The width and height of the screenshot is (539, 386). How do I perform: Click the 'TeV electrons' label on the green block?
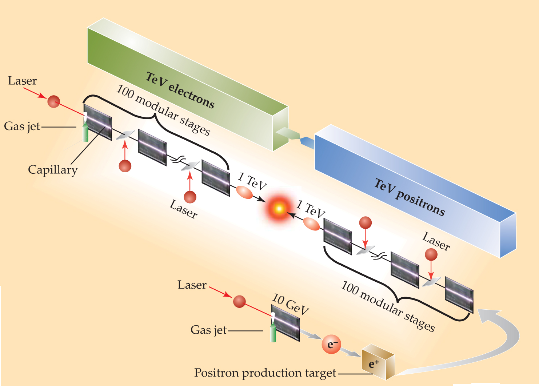coord(180,90)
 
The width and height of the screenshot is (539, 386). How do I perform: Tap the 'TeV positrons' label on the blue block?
coord(410,197)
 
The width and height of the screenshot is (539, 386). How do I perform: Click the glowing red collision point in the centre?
coord(279,209)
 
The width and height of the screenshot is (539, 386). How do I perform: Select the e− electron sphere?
coord(331,344)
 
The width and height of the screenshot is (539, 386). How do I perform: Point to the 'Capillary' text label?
coord(53,170)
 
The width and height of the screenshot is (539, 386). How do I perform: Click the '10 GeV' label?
coord(291,304)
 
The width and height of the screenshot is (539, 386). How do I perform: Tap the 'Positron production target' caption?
coord(265,373)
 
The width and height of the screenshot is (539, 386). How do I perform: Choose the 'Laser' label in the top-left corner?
coord(22,81)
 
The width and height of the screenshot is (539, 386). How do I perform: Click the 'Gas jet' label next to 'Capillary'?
coord(22,126)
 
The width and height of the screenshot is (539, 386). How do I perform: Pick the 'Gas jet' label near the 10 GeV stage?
coord(208,330)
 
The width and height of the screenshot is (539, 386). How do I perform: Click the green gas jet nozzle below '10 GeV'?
coord(273,333)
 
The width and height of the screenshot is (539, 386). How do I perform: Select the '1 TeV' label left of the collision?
coord(252,181)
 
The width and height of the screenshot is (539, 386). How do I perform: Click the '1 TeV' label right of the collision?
coord(311,209)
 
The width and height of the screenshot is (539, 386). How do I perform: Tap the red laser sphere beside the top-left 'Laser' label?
coord(53,101)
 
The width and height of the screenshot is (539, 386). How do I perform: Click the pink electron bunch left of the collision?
coord(244,192)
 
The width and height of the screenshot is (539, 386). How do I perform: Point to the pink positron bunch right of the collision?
coord(311,224)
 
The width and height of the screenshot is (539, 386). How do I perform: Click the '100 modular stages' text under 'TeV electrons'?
coord(163,110)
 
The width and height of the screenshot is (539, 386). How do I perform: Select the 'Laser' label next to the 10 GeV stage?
coord(192,285)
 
